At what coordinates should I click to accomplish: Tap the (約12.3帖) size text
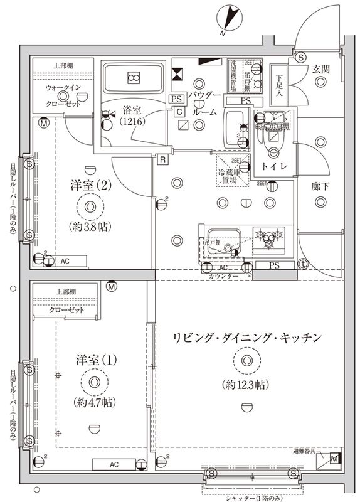pyautogui.click(x=245, y=385)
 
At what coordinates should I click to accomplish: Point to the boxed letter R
pyautogui.click(x=162, y=159)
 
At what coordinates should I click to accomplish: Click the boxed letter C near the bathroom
pyautogui.click(x=179, y=112)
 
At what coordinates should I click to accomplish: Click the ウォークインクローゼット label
pyautogui.click(x=63, y=95)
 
